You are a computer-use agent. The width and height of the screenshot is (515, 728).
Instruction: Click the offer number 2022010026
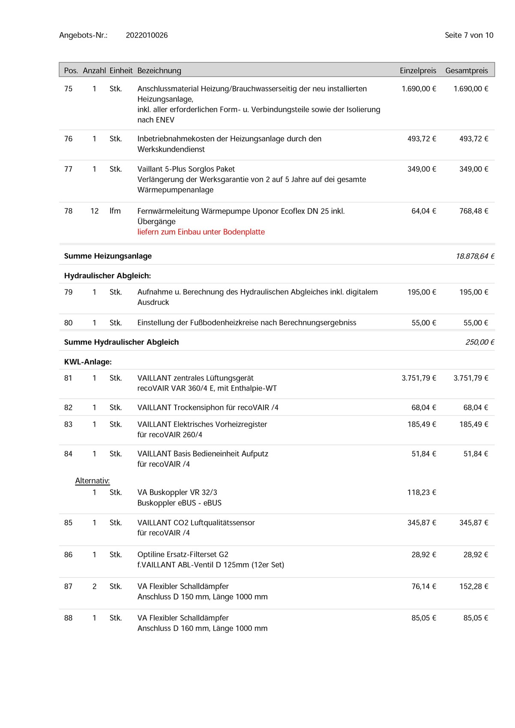[x=147, y=35]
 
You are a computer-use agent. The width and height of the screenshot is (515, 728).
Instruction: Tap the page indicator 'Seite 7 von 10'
[x=469, y=35]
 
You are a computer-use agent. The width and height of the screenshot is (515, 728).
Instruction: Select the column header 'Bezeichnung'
[x=159, y=71]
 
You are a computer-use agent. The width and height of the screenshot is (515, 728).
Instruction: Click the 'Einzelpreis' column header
[x=418, y=71]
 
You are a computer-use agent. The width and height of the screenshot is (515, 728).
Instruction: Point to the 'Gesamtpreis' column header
[x=467, y=71]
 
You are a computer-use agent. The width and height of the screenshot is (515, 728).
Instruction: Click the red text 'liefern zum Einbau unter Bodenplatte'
[x=201, y=232]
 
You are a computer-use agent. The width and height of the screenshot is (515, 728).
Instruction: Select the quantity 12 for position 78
[x=94, y=211]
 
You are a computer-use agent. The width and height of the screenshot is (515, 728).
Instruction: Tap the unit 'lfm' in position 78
[x=115, y=211]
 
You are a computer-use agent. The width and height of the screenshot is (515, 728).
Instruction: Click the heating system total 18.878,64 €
[x=475, y=256]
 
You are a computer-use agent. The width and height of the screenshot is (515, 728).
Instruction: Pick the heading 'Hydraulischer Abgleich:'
[x=108, y=276]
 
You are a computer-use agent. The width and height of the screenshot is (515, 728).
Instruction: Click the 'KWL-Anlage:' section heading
[x=88, y=362]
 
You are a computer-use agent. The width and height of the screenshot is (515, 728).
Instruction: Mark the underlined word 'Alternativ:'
[x=93, y=481]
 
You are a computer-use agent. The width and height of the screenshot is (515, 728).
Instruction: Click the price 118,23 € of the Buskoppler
[x=422, y=492]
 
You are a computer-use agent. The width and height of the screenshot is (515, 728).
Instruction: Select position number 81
[x=68, y=378]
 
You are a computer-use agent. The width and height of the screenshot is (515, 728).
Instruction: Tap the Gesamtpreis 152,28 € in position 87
[x=473, y=586]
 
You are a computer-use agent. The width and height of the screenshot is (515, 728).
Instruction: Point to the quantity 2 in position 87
[x=94, y=586]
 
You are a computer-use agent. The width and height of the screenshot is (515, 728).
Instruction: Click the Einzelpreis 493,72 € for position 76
[x=422, y=139]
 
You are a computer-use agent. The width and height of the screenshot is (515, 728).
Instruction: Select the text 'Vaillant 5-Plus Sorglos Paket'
[x=186, y=169]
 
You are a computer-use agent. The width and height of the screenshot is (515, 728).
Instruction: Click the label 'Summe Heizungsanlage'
[x=108, y=256]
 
